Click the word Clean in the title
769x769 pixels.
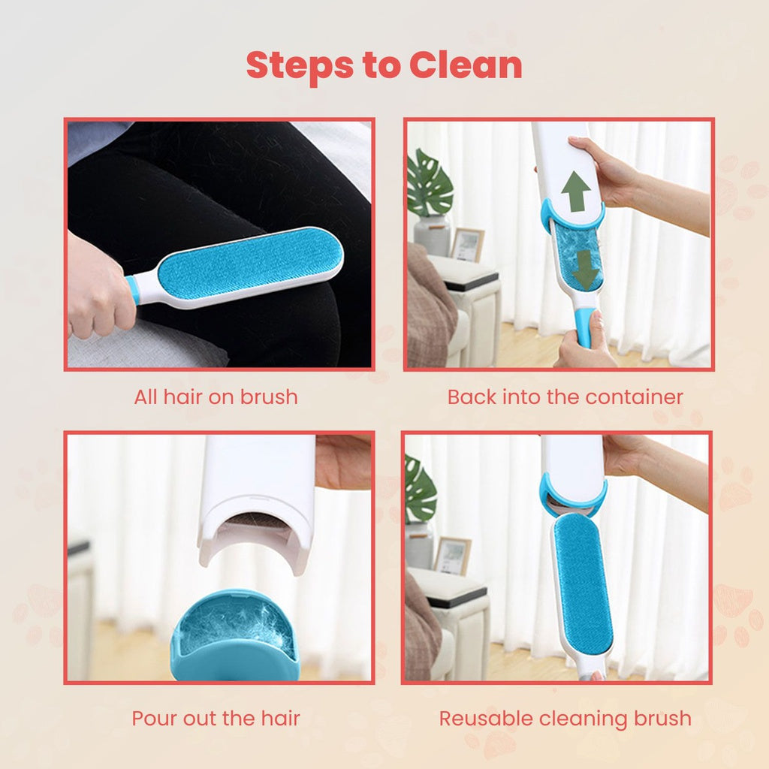(466, 65)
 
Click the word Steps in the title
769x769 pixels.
(300, 65)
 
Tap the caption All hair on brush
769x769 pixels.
(216, 397)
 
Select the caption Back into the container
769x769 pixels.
(565, 397)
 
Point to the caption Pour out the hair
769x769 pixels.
(216, 718)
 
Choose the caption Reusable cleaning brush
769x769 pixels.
(565, 718)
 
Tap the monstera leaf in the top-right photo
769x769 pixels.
(430, 184)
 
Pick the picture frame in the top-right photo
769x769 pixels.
(467, 244)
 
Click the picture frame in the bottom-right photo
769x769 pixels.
(453, 556)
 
